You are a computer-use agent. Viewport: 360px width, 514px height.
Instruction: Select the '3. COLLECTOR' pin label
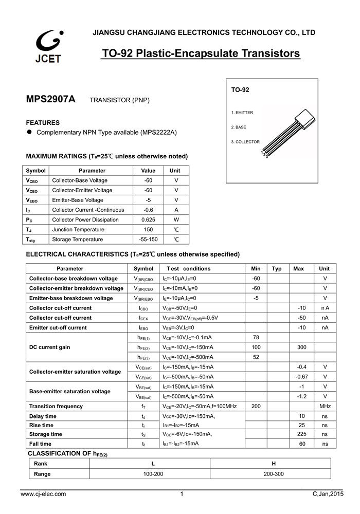coord(245,142)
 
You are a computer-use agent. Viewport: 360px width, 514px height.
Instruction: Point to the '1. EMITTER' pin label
coord(242,112)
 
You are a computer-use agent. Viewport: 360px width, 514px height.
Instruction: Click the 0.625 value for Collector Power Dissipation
coord(148,219)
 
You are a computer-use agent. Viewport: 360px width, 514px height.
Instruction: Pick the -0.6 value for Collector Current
coord(148,210)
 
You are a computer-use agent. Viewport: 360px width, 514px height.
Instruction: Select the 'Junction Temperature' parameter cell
coord(78,230)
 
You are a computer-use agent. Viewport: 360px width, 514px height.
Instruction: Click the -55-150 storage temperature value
coord(148,240)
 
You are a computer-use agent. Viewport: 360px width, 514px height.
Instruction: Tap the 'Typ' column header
coord(277,269)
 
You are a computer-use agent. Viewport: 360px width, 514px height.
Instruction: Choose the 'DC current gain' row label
coord(50,347)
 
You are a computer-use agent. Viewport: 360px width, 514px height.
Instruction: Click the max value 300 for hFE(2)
coord(302,347)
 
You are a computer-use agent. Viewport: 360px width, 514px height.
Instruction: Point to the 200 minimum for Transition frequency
coord(256,407)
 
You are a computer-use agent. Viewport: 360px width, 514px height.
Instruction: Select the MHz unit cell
coord(325,407)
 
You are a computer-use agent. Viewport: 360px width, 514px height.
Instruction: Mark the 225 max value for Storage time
coord(302,434)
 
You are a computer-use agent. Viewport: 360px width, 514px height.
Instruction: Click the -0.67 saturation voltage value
coord(302,377)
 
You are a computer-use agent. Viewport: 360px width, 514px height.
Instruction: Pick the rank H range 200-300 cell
coord(273,474)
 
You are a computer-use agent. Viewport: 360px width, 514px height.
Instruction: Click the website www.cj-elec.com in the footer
coord(43,494)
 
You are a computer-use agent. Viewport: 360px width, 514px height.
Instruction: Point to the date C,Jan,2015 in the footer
coord(327,494)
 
